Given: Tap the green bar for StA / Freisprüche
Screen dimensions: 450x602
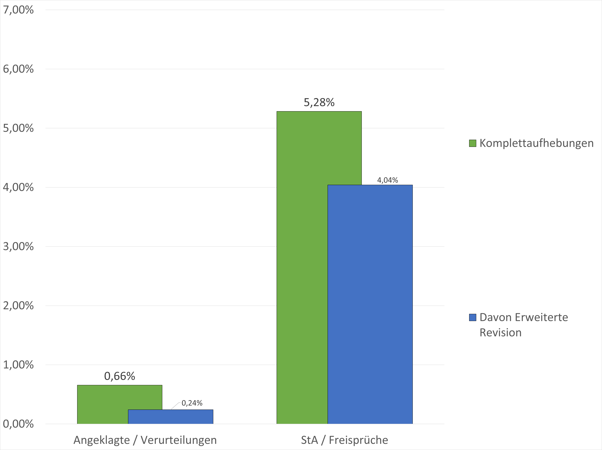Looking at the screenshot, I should (x=302, y=267).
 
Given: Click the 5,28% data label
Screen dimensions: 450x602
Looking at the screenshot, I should (x=319, y=102).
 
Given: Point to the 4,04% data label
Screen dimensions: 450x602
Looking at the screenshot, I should (x=388, y=180).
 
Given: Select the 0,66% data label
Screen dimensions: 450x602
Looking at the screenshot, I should (x=119, y=376).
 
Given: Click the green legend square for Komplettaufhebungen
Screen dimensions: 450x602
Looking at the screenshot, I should (x=473, y=143).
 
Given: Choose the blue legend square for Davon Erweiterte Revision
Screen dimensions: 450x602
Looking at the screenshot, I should (x=473, y=317).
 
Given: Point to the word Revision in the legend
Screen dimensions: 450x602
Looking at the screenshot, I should (x=501, y=333).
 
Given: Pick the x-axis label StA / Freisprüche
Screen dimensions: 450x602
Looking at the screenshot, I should (x=345, y=440).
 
